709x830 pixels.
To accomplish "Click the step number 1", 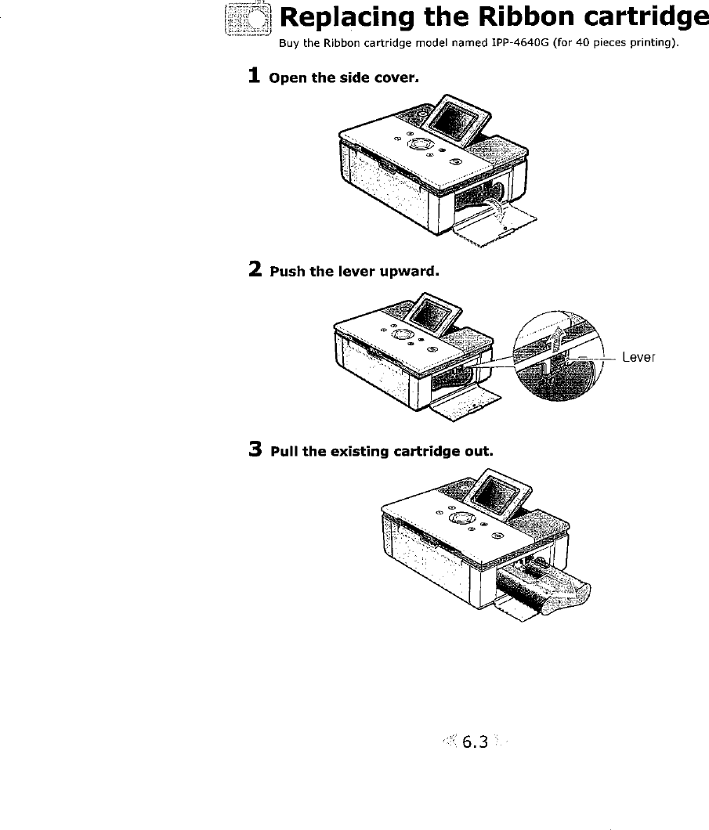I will [254, 76].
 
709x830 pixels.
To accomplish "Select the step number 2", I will [255, 270].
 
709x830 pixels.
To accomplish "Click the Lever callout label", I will [638, 358].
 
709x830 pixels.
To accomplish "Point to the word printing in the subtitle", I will [649, 43].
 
